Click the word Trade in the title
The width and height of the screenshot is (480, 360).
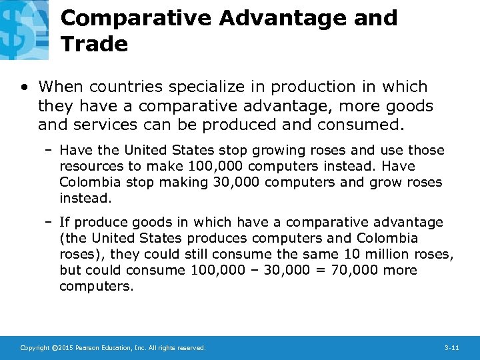click(x=94, y=44)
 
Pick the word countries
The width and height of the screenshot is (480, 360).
click(x=118, y=87)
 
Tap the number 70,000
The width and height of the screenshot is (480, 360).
click(x=345, y=271)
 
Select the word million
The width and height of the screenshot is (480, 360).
click(x=385, y=255)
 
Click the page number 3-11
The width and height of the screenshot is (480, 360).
click(x=451, y=348)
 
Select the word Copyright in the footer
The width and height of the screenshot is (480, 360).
click(x=34, y=348)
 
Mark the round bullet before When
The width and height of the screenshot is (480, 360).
click(x=25, y=87)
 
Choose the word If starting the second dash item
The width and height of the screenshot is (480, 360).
click(x=65, y=223)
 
